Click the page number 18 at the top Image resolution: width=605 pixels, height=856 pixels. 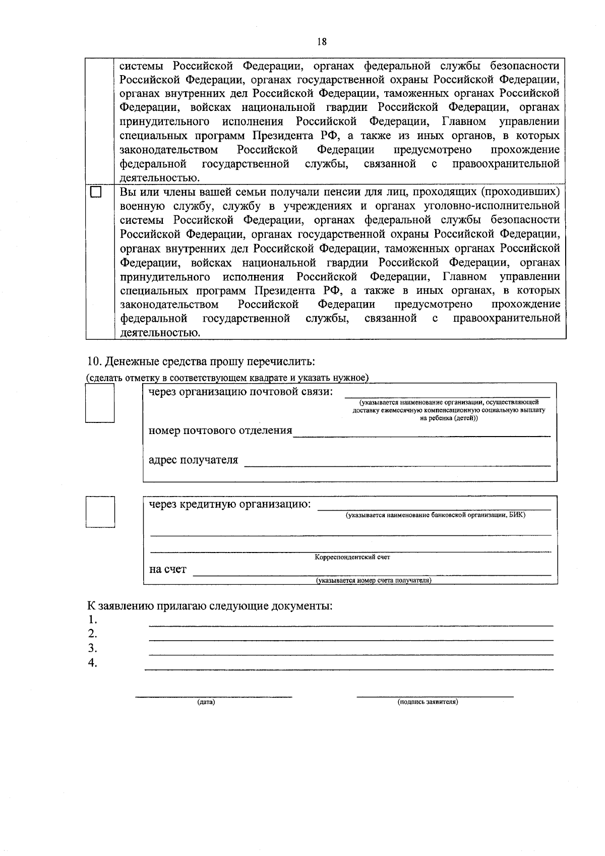click(x=322, y=42)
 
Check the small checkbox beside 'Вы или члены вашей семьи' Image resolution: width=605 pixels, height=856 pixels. click(x=96, y=193)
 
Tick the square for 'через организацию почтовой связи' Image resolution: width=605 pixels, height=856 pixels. click(x=100, y=403)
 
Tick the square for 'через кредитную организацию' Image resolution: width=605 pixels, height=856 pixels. click(x=100, y=512)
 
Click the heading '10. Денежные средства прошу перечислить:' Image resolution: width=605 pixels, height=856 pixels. click(x=201, y=362)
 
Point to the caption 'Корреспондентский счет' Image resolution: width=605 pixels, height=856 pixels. click(x=352, y=558)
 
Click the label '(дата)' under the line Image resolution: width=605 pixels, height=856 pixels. click(x=206, y=702)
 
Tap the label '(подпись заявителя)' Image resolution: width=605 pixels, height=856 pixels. click(x=428, y=702)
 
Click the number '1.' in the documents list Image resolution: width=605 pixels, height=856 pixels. click(x=92, y=620)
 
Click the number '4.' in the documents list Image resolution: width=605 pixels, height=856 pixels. click(x=92, y=663)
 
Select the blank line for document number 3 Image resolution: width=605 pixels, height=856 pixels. click(x=351, y=654)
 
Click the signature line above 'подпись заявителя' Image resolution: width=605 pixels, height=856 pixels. click(x=435, y=696)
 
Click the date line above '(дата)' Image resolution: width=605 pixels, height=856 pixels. click(x=213, y=696)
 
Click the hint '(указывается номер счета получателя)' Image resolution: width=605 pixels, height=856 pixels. click(x=374, y=581)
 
